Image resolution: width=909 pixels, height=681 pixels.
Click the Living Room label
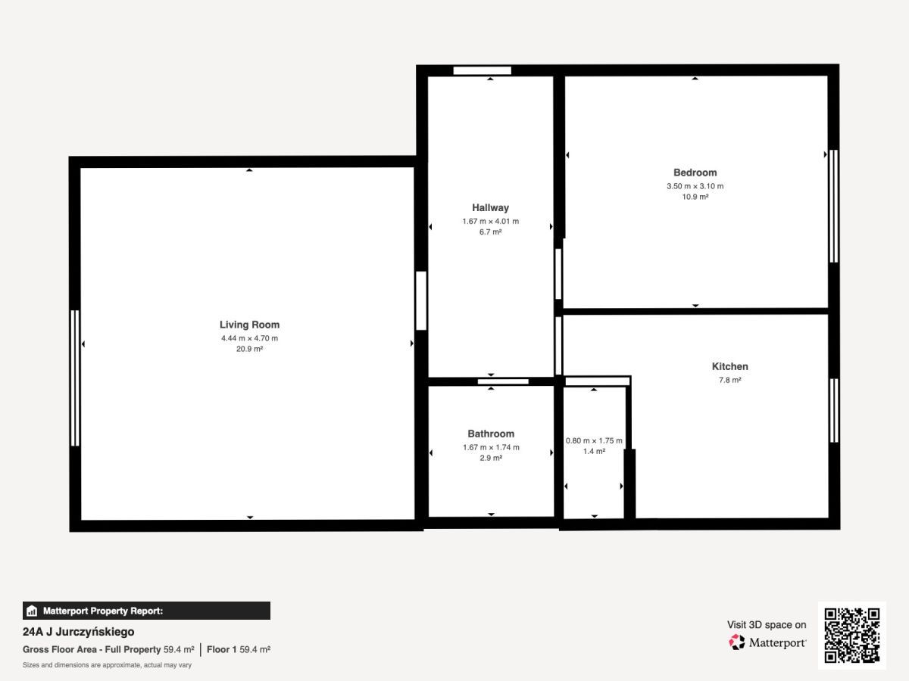tap(249, 325)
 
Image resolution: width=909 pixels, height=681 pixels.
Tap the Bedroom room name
tap(695, 173)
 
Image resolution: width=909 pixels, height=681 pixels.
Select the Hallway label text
tap(490, 207)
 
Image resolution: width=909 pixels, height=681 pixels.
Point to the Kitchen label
tap(729, 366)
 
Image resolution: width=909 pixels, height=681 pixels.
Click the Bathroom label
tap(491, 434)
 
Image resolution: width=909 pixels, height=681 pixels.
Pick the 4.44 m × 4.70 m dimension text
tap(249, 338)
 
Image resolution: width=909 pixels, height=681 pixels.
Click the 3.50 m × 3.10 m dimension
tap(695, 186)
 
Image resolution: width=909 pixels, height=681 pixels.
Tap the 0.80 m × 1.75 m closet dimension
tap(594, 441)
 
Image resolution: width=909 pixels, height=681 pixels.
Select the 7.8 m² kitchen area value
tap(729, 380)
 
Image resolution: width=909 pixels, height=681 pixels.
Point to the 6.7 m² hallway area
tap(490, 232)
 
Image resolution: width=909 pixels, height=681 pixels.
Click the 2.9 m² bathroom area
tap(491, 458)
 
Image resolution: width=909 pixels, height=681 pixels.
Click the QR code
tap(852, 636)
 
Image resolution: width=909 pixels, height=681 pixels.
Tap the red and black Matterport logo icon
tap(737, 642)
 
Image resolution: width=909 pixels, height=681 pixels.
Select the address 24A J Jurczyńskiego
tap(78, 632)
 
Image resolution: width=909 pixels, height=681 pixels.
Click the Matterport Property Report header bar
tap(146, 611)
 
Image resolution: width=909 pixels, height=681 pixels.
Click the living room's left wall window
tap(75, 378)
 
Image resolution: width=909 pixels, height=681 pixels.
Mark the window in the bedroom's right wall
tap(834, 206)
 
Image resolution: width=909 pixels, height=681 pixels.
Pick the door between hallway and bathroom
tap(503, 381)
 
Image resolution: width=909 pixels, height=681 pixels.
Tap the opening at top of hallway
tap(482, 70)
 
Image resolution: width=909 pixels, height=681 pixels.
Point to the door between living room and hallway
tap(421, 300)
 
